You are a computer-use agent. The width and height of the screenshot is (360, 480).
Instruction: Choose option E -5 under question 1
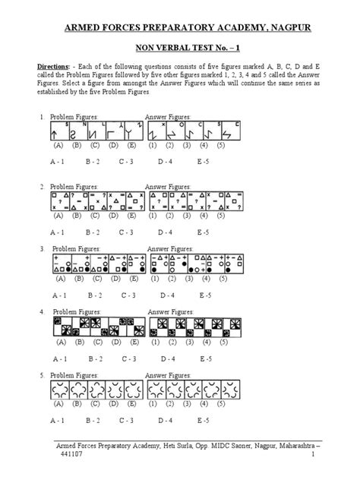[204, 161]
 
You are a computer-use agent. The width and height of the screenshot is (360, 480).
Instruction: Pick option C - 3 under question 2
[127, 232]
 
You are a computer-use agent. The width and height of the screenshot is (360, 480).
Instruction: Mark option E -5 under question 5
[204, 420]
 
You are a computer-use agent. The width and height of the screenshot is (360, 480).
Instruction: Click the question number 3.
[41, 248]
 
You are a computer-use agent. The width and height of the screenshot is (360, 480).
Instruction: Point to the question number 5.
[41, 374]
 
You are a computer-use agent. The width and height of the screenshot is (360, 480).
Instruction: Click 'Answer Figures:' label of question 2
[168, 185]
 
